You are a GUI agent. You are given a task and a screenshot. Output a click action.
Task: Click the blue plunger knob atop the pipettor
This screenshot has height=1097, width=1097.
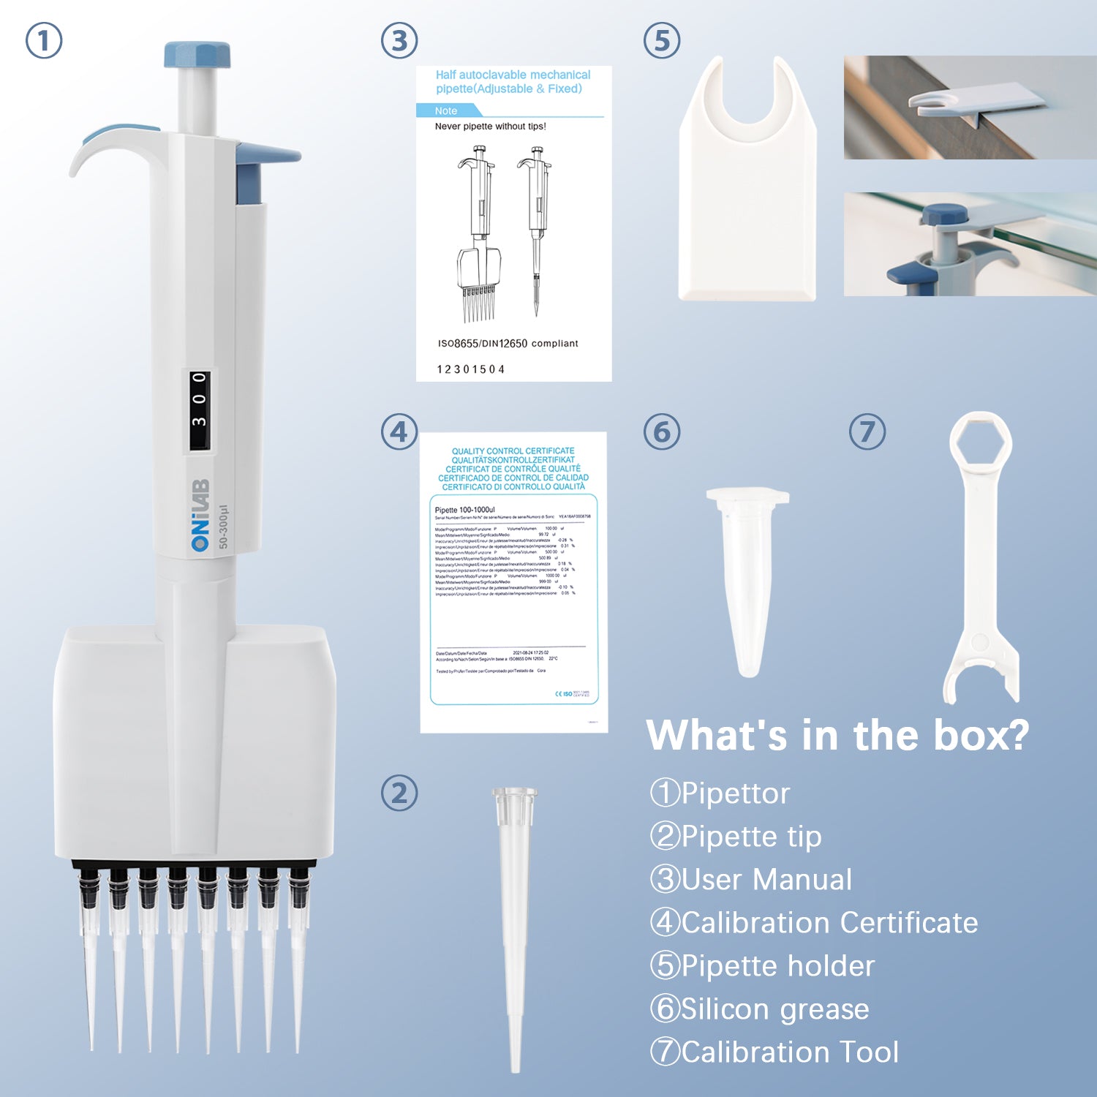point(197,55)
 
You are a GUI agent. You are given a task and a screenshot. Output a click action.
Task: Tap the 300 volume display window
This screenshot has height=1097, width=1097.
point(200,410)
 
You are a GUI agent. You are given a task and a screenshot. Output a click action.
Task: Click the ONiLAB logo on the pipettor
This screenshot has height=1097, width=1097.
point(200,515)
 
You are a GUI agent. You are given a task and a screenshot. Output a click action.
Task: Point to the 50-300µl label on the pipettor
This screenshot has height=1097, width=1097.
point(224,527)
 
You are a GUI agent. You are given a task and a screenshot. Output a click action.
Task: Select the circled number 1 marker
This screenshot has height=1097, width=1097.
point(44,40)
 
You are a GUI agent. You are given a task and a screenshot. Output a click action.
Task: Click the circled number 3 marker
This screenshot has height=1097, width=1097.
point(399,40)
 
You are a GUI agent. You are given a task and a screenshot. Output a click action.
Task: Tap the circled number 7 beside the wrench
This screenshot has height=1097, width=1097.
point(867,431)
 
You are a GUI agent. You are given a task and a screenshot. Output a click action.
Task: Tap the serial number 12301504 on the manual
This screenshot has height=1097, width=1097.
point(471,369)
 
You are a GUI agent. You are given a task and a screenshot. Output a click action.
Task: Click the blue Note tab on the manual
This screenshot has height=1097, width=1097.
point(448,110)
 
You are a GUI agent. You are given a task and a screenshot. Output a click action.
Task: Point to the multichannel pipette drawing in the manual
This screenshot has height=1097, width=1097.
point(479,234)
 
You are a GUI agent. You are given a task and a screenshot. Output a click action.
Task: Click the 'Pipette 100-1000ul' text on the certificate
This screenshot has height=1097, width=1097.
point(465,510)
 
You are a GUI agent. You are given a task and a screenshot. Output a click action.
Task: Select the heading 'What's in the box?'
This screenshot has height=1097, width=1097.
point(837,735)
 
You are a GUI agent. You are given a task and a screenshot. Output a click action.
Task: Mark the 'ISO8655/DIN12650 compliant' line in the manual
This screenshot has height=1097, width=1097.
point(508,343)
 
